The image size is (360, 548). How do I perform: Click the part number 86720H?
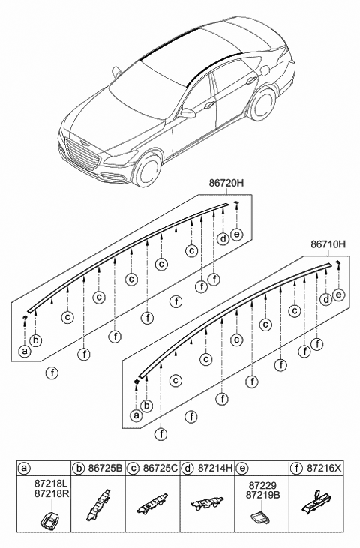(226, 183)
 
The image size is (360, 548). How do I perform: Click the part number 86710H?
(328, 244)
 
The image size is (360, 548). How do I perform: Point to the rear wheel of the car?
(262, 105)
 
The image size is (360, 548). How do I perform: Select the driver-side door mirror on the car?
(187, 113)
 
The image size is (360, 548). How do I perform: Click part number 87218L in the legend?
(52, 485)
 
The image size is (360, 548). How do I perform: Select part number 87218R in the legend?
(52, 494)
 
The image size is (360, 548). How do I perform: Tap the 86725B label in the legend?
(105, 468)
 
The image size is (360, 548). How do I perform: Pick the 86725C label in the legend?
(160, 468)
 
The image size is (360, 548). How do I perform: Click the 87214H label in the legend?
(215, 468)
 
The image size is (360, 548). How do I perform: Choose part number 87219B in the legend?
(262, 495)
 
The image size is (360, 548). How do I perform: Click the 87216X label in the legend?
(324, 468)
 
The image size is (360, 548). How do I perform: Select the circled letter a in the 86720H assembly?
(25, 351)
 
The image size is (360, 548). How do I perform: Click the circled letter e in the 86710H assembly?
(338, 295)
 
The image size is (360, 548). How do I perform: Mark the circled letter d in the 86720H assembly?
(223, 239)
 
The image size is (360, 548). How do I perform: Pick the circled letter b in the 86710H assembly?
(147, 406)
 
